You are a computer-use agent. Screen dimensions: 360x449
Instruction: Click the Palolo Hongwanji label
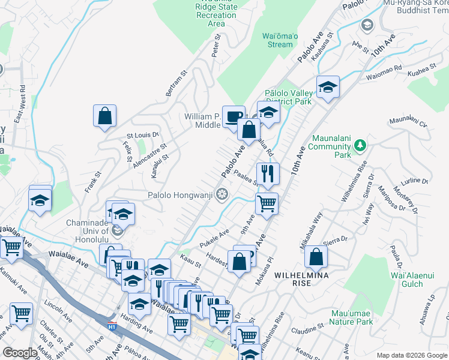(x=181, y=195)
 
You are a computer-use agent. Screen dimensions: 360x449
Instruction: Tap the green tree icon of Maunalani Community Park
(x=360, y=145)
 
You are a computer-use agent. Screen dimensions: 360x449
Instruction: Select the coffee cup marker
(x=233, y=116)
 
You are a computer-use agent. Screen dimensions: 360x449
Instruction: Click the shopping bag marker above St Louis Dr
(x=104, y=116)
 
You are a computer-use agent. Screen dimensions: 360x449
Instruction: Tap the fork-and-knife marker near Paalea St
(x=268, y=174)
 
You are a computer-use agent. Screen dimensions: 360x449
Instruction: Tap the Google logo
(x=20, y=352)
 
